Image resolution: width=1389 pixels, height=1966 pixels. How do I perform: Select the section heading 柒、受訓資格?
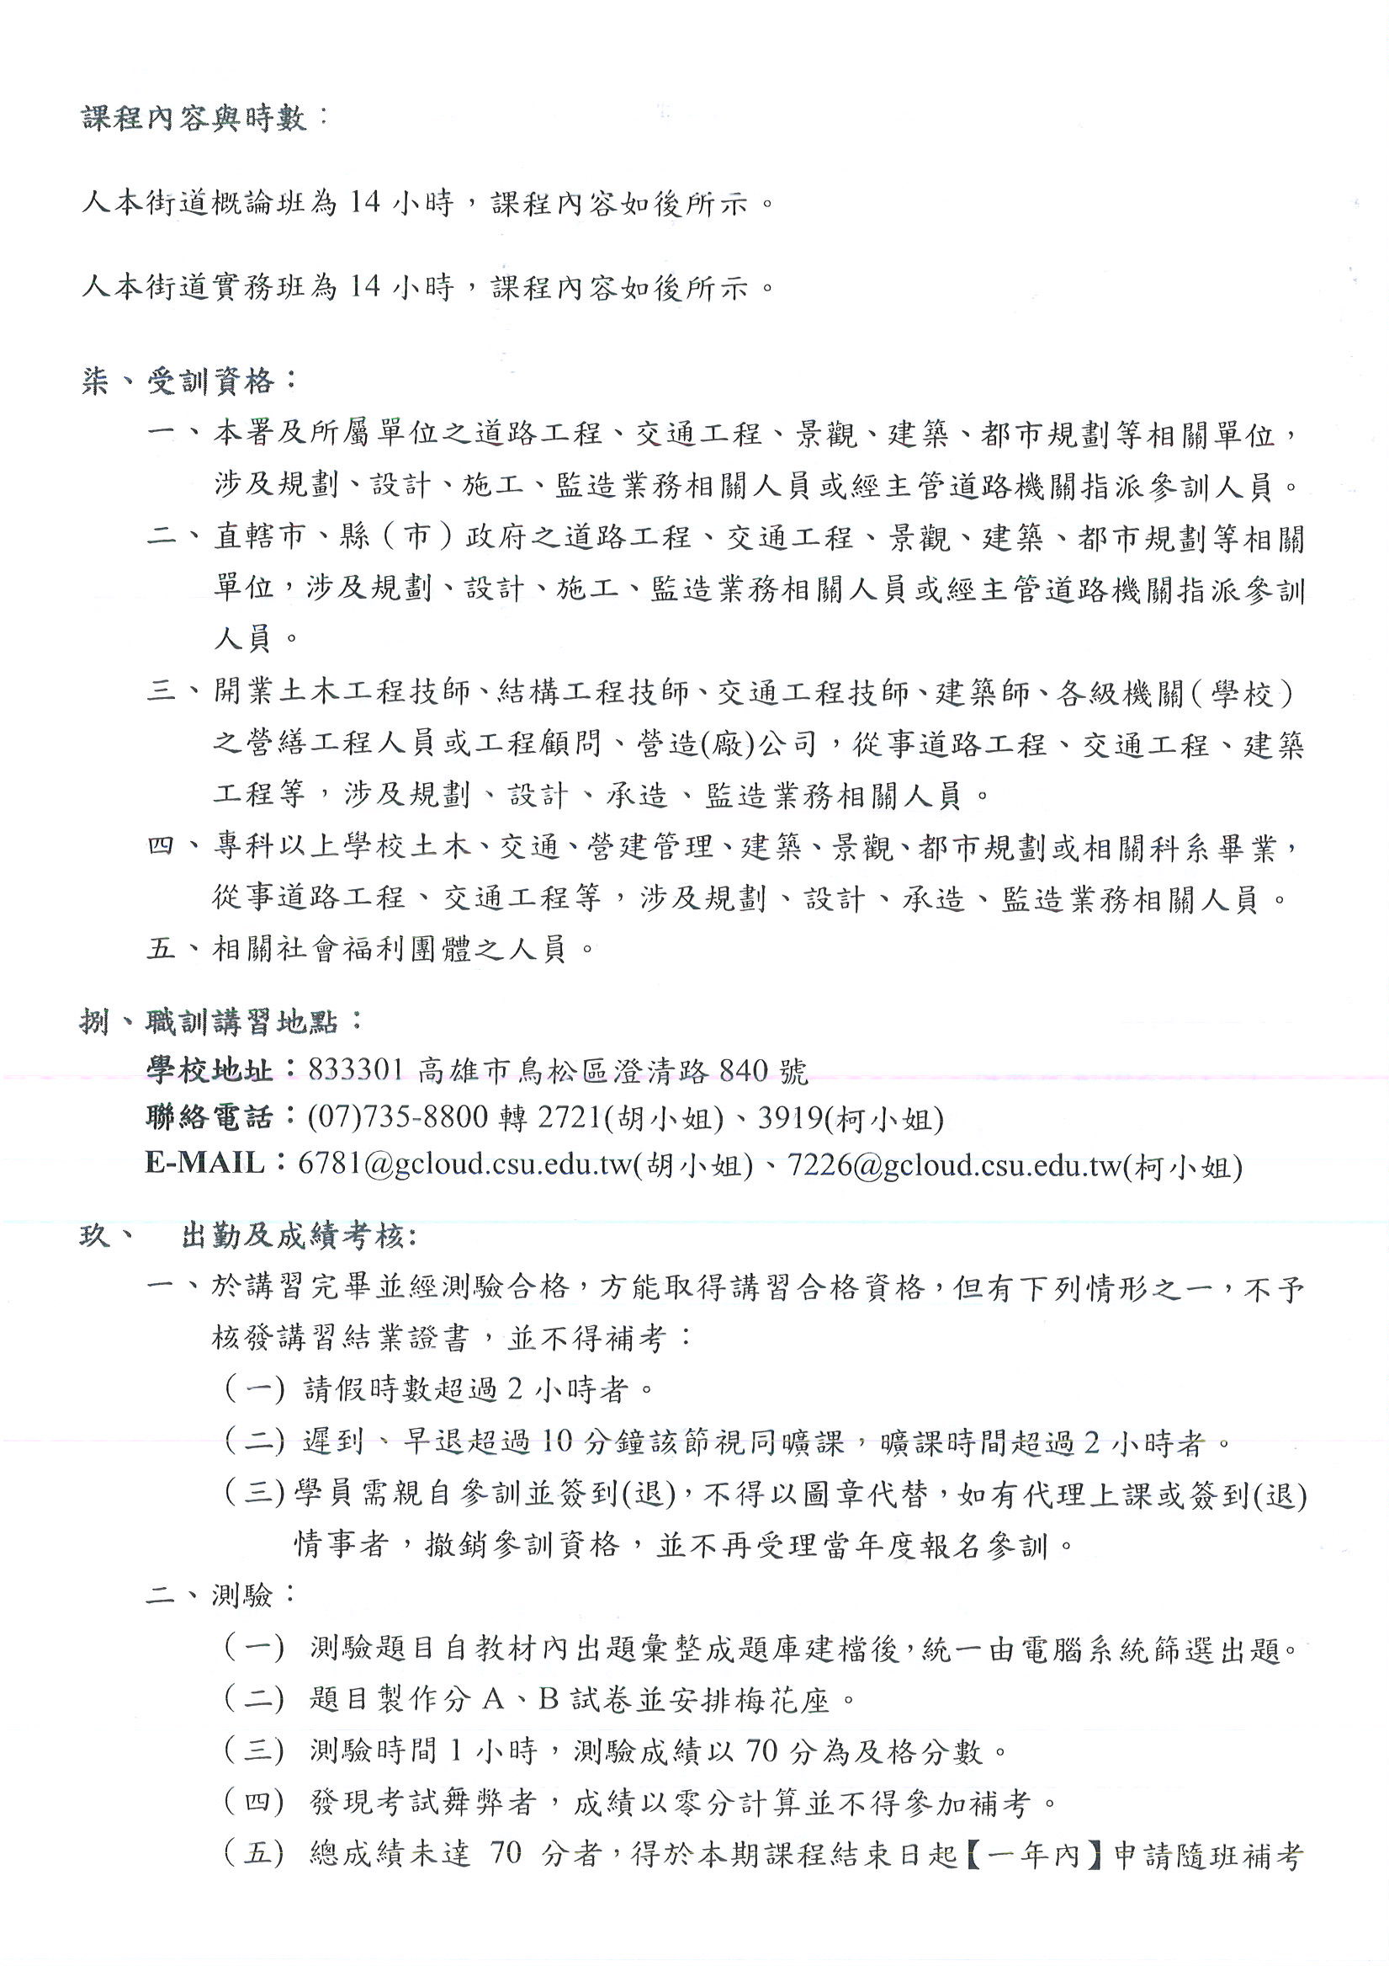coord(188,381)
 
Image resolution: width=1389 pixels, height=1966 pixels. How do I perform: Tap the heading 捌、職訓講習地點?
coord(220,1021)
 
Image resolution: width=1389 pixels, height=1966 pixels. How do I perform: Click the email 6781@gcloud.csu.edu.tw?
coord(464,1164)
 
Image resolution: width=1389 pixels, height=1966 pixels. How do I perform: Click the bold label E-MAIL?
coord(205,1163)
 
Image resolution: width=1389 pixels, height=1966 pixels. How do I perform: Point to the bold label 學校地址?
coord(209,1070)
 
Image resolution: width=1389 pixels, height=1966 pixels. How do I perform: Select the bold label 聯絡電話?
coord(209,1117)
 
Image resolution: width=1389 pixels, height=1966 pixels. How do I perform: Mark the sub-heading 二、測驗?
coord(220,1596)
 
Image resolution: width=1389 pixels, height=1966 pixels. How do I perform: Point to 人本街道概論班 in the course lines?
coord(193,203)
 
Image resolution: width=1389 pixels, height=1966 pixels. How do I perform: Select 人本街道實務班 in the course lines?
coord(193,286)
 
